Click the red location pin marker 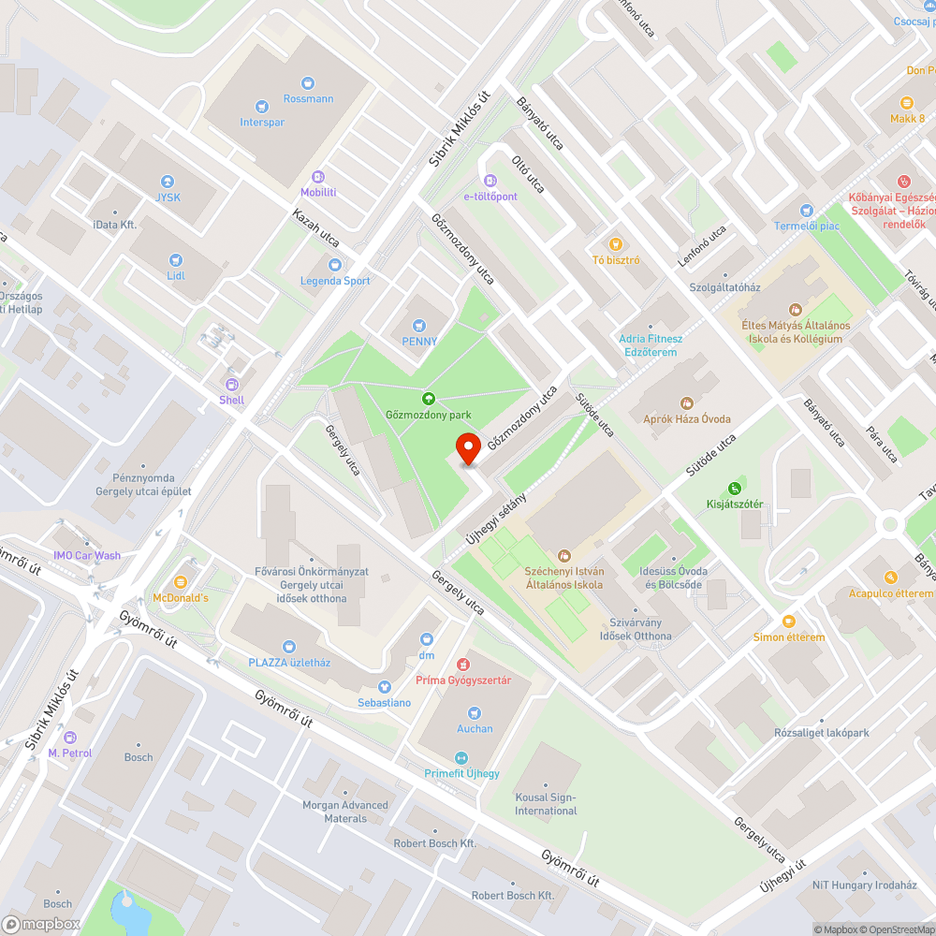click(x=467, y=448)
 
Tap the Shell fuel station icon click(x=232, y=384)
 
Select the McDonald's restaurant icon click(x=181, y=582)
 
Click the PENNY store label click(x=419, y=342)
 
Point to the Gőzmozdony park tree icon click(x=429, y=399)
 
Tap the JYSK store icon click(x=168, y=182)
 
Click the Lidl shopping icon click(x=175, y=260)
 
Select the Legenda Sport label click(x=335, y=281)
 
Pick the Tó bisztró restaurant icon click(x=616, y=244)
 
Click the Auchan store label click(x=475, y=728)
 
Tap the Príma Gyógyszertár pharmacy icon click(x=463, y=665)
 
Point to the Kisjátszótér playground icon click(x=735, y=489)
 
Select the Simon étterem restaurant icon click(x=789, y=622)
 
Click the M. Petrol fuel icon click(x=67, y=738)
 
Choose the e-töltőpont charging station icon click(x=490, y=181)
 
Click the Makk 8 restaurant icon click(x=907, y=103)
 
